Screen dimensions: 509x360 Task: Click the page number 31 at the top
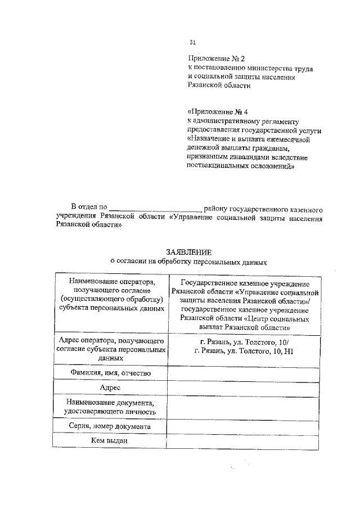tap(192, 42)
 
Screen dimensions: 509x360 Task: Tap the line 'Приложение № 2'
tap(217, 58)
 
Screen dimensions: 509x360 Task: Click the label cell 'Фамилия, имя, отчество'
tap(110, 373)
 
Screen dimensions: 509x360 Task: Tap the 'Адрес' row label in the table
tap(110, 388)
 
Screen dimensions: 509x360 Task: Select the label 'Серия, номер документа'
tap(110, 427)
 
